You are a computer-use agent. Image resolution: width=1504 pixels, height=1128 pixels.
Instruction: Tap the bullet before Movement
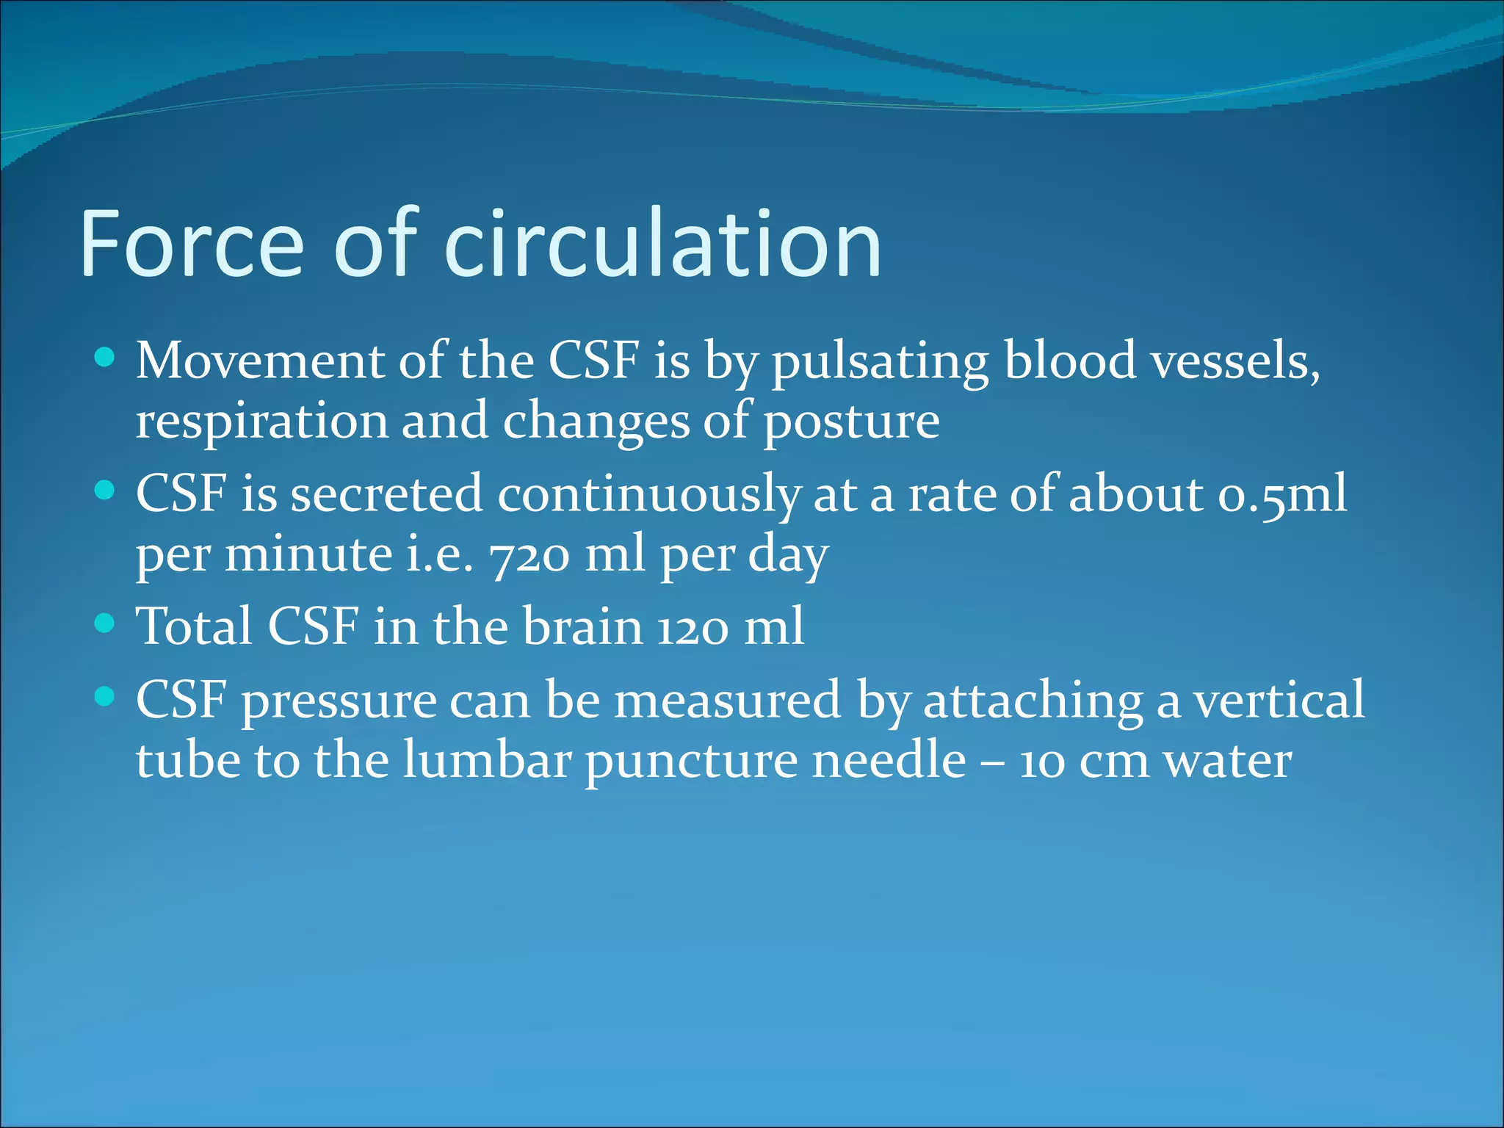[x=106, y=358]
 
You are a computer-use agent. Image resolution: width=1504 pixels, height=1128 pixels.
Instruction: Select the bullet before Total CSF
[x=106, y=623]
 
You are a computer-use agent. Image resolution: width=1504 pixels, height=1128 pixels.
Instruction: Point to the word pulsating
[x=880, y=363]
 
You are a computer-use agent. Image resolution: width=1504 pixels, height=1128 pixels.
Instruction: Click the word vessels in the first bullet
[x=1234, y=361]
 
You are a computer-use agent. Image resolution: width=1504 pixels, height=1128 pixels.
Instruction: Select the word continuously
[x=648, y=494]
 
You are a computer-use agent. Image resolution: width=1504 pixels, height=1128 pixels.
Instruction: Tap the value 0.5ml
[x=1282, y=494]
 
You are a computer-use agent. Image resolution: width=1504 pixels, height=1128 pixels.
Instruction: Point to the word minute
[x=308, y=554]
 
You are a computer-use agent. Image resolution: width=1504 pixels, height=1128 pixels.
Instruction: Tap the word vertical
[x=1279, y=700]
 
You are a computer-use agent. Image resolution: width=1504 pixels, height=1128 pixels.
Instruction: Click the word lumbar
[x=487, y=761]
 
